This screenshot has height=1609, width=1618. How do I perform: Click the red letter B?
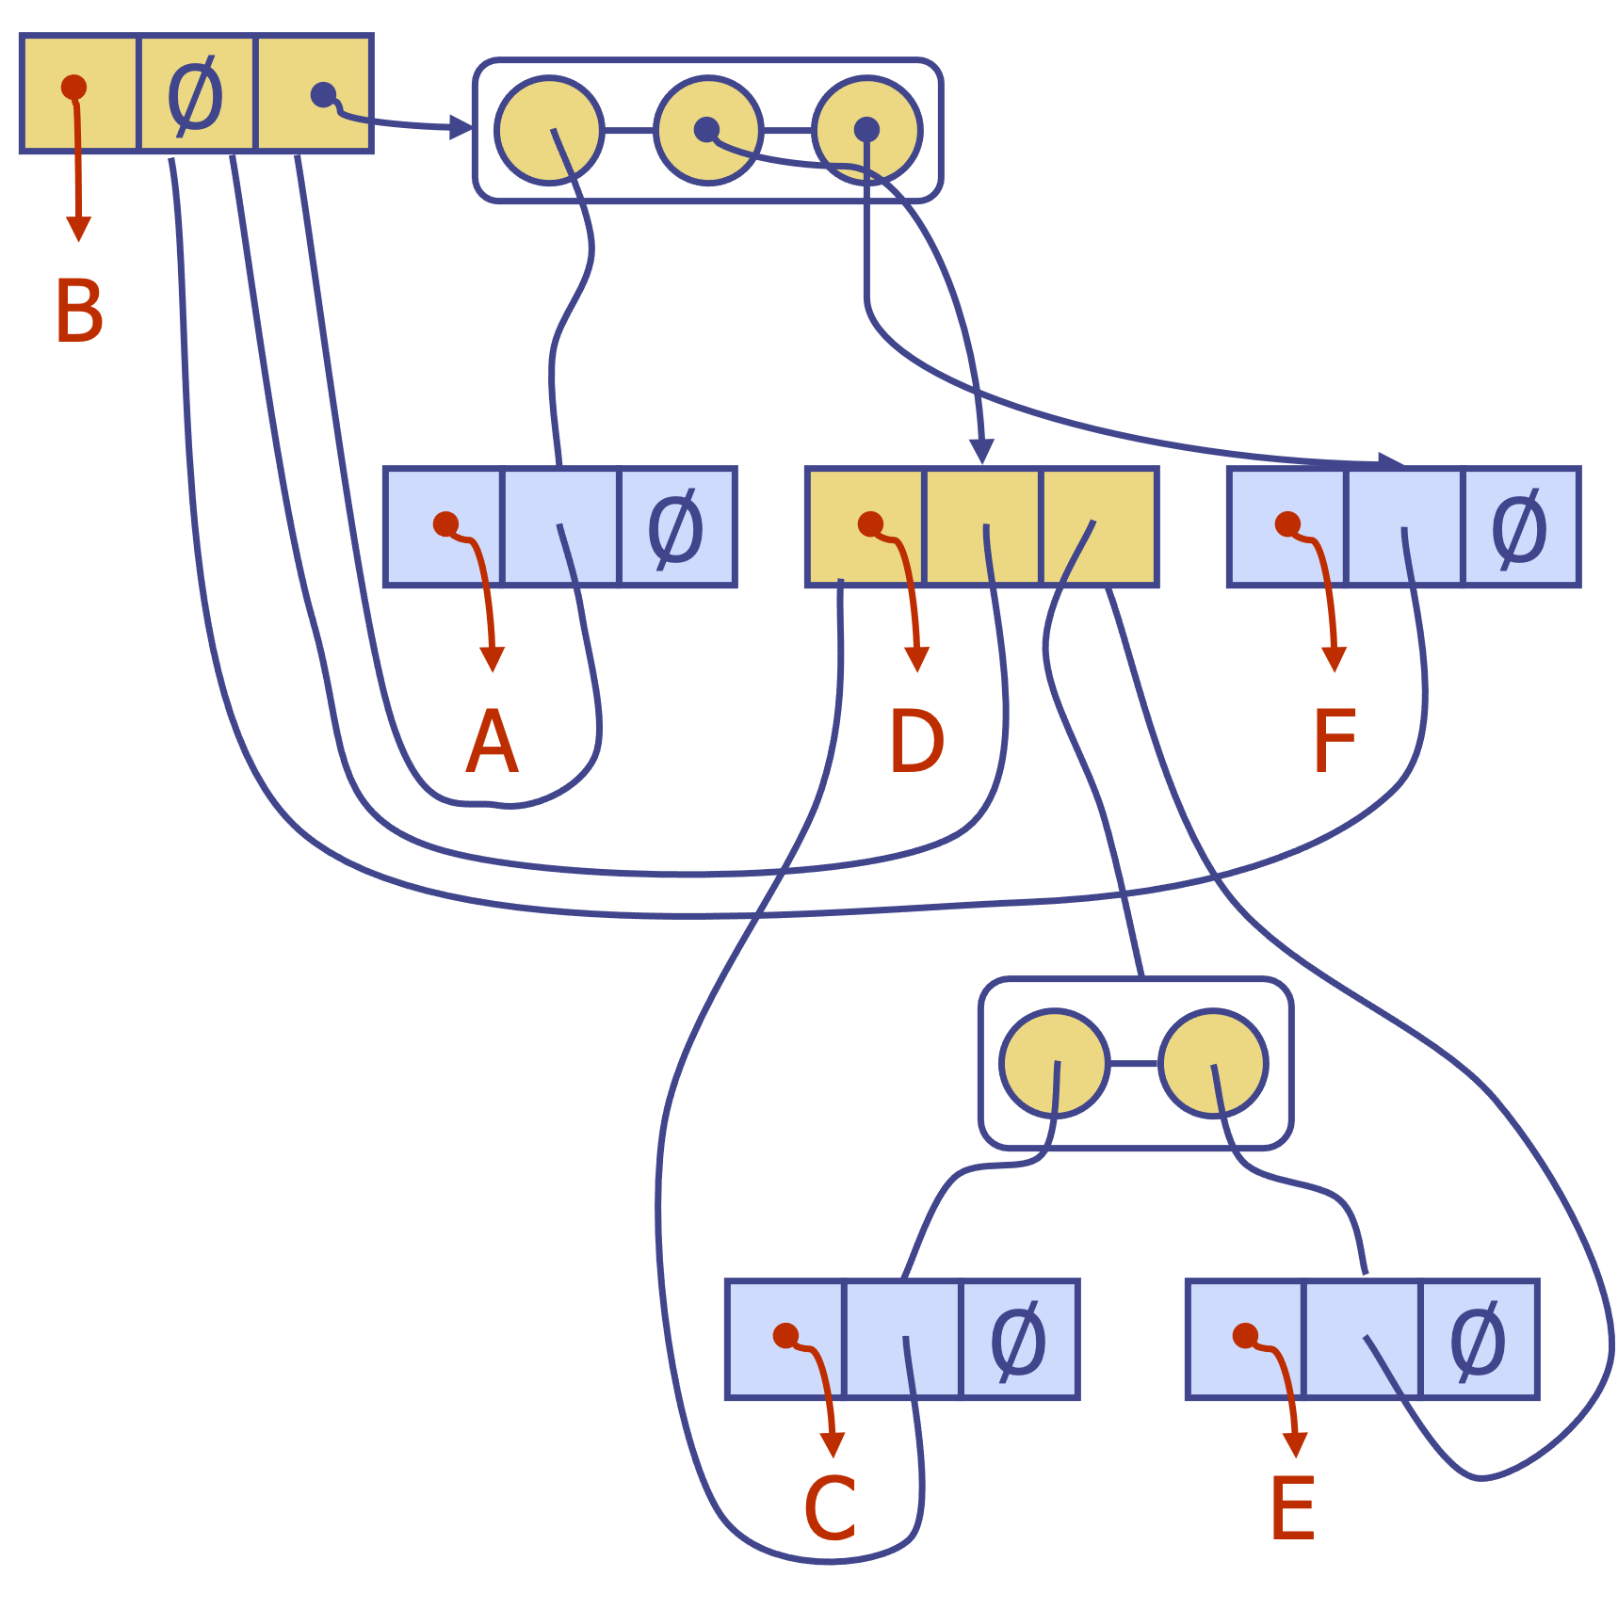(x=79, y=312)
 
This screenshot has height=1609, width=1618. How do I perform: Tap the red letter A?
(x=492, y=742)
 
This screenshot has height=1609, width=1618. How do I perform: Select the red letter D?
(x=915, y=742)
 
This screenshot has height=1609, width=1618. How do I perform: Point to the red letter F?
(x=1334, y=742)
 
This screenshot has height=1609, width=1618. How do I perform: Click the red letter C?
(x=831, y=1509)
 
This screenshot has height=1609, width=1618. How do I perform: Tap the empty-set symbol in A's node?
(x=675, y=528)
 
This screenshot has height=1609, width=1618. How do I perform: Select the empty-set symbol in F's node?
(x=1519, y=528)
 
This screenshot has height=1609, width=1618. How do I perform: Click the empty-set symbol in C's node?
(x=1018, y=1341)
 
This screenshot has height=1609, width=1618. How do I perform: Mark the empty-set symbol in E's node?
(x=1478, y=1341)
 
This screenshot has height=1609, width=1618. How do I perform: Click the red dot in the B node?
(x=73, y=88)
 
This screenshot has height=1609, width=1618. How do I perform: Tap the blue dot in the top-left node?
(x=323, y=94)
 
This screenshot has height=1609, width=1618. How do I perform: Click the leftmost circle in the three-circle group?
(x=549, y=130)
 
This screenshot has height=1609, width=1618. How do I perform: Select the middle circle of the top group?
(x=707, y=130)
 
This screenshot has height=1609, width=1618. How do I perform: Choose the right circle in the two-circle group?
(x=1213, y=1064)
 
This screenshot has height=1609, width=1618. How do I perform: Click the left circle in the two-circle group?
(x=1054, y=1064)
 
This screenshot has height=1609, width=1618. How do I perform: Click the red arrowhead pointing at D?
(x=916, y=659)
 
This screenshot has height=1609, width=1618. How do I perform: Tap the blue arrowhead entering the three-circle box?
(x=461, y=126)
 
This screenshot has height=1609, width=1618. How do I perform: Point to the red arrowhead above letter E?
(x=1295, y=1444)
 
